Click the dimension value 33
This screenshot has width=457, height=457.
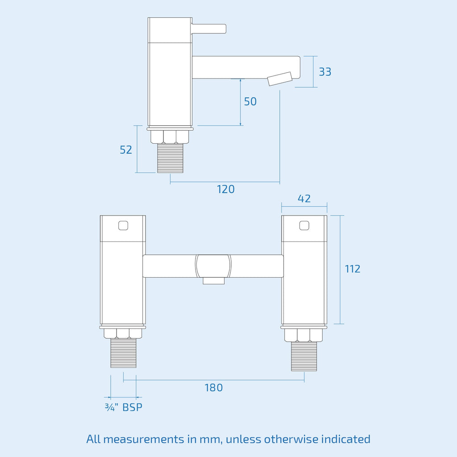(325, 72)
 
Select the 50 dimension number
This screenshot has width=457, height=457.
(250, 101)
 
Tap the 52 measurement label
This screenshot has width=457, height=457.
(126, 150)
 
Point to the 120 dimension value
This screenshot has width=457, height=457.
(225, 189)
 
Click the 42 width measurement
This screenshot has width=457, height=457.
(304, 199)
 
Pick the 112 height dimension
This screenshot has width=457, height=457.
(353, 269)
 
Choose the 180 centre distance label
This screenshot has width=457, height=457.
(214, 388)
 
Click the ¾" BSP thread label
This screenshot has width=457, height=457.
(124, 407)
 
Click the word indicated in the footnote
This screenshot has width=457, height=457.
(346, 439)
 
